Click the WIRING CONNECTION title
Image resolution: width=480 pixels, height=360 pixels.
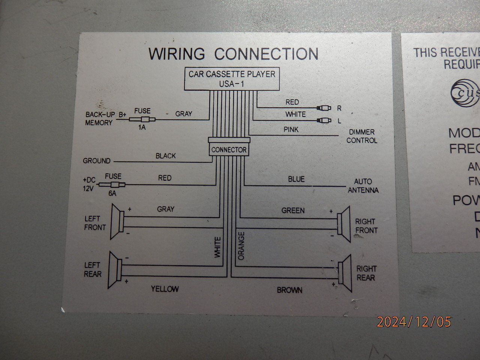click(233, 54)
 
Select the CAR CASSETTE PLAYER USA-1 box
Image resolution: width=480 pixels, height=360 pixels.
click(232, 79)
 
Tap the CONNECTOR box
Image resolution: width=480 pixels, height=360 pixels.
click(229, 150)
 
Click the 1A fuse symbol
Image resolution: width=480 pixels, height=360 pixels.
click(142, 120)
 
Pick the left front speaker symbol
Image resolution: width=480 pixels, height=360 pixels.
click(117, 222)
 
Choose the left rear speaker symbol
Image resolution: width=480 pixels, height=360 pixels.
click(115, 270)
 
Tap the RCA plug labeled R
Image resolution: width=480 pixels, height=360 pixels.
click(324, 108)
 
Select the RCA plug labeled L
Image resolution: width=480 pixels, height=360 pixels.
click(324, 120)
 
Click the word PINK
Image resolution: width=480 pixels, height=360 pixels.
click(291, 130)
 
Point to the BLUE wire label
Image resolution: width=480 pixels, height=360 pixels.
click(296, 179)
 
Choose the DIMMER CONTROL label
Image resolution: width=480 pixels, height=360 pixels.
click(361, 136)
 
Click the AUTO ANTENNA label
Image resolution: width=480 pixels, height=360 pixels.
click(363, 186)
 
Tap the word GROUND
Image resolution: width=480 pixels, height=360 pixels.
click(97, 161)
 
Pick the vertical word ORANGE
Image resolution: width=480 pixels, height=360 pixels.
click(241, 246)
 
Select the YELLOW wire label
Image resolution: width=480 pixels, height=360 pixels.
click(165, 289)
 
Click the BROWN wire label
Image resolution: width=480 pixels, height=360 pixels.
click(289, 290)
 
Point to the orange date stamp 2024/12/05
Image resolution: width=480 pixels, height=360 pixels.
click(414, 322)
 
